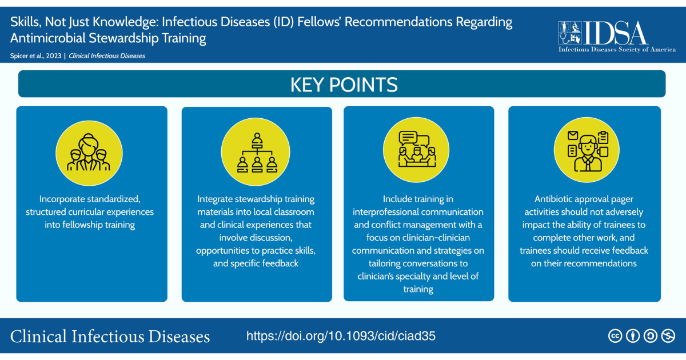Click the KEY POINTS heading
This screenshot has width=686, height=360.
click(344, 85)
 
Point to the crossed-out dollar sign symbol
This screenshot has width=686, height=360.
click(668, 337)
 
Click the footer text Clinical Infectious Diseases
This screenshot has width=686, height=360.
click(110, 336)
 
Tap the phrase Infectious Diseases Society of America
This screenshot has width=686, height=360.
click(617, 50)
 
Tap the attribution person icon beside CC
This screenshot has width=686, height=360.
click(632, 337)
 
